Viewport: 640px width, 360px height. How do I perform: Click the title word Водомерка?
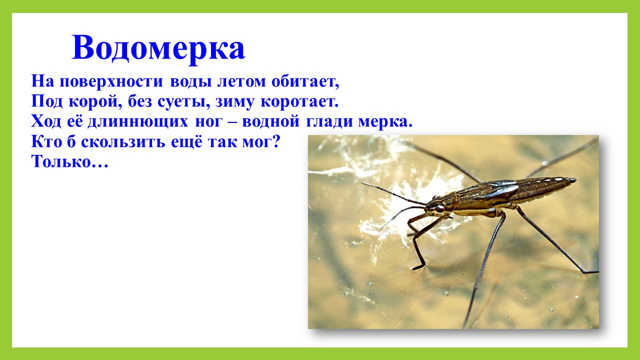point(158,48)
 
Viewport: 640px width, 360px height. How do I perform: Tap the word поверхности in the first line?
point(111,81)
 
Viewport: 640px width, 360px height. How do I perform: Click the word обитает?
point(305,81)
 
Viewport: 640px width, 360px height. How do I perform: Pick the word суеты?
point(182,102)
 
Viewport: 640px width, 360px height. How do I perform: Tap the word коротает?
point(299,101)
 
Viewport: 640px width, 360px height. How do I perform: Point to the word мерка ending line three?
point(385,121)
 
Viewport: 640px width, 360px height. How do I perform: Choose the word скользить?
point(123,142)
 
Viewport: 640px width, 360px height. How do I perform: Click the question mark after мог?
point(275,141)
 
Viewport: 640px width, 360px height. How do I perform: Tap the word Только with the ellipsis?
point(69,161)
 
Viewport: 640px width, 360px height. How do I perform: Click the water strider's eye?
point(439,208)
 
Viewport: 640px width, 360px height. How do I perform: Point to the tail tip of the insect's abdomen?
point(575,180)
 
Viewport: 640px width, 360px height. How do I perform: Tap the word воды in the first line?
point(191,82)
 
